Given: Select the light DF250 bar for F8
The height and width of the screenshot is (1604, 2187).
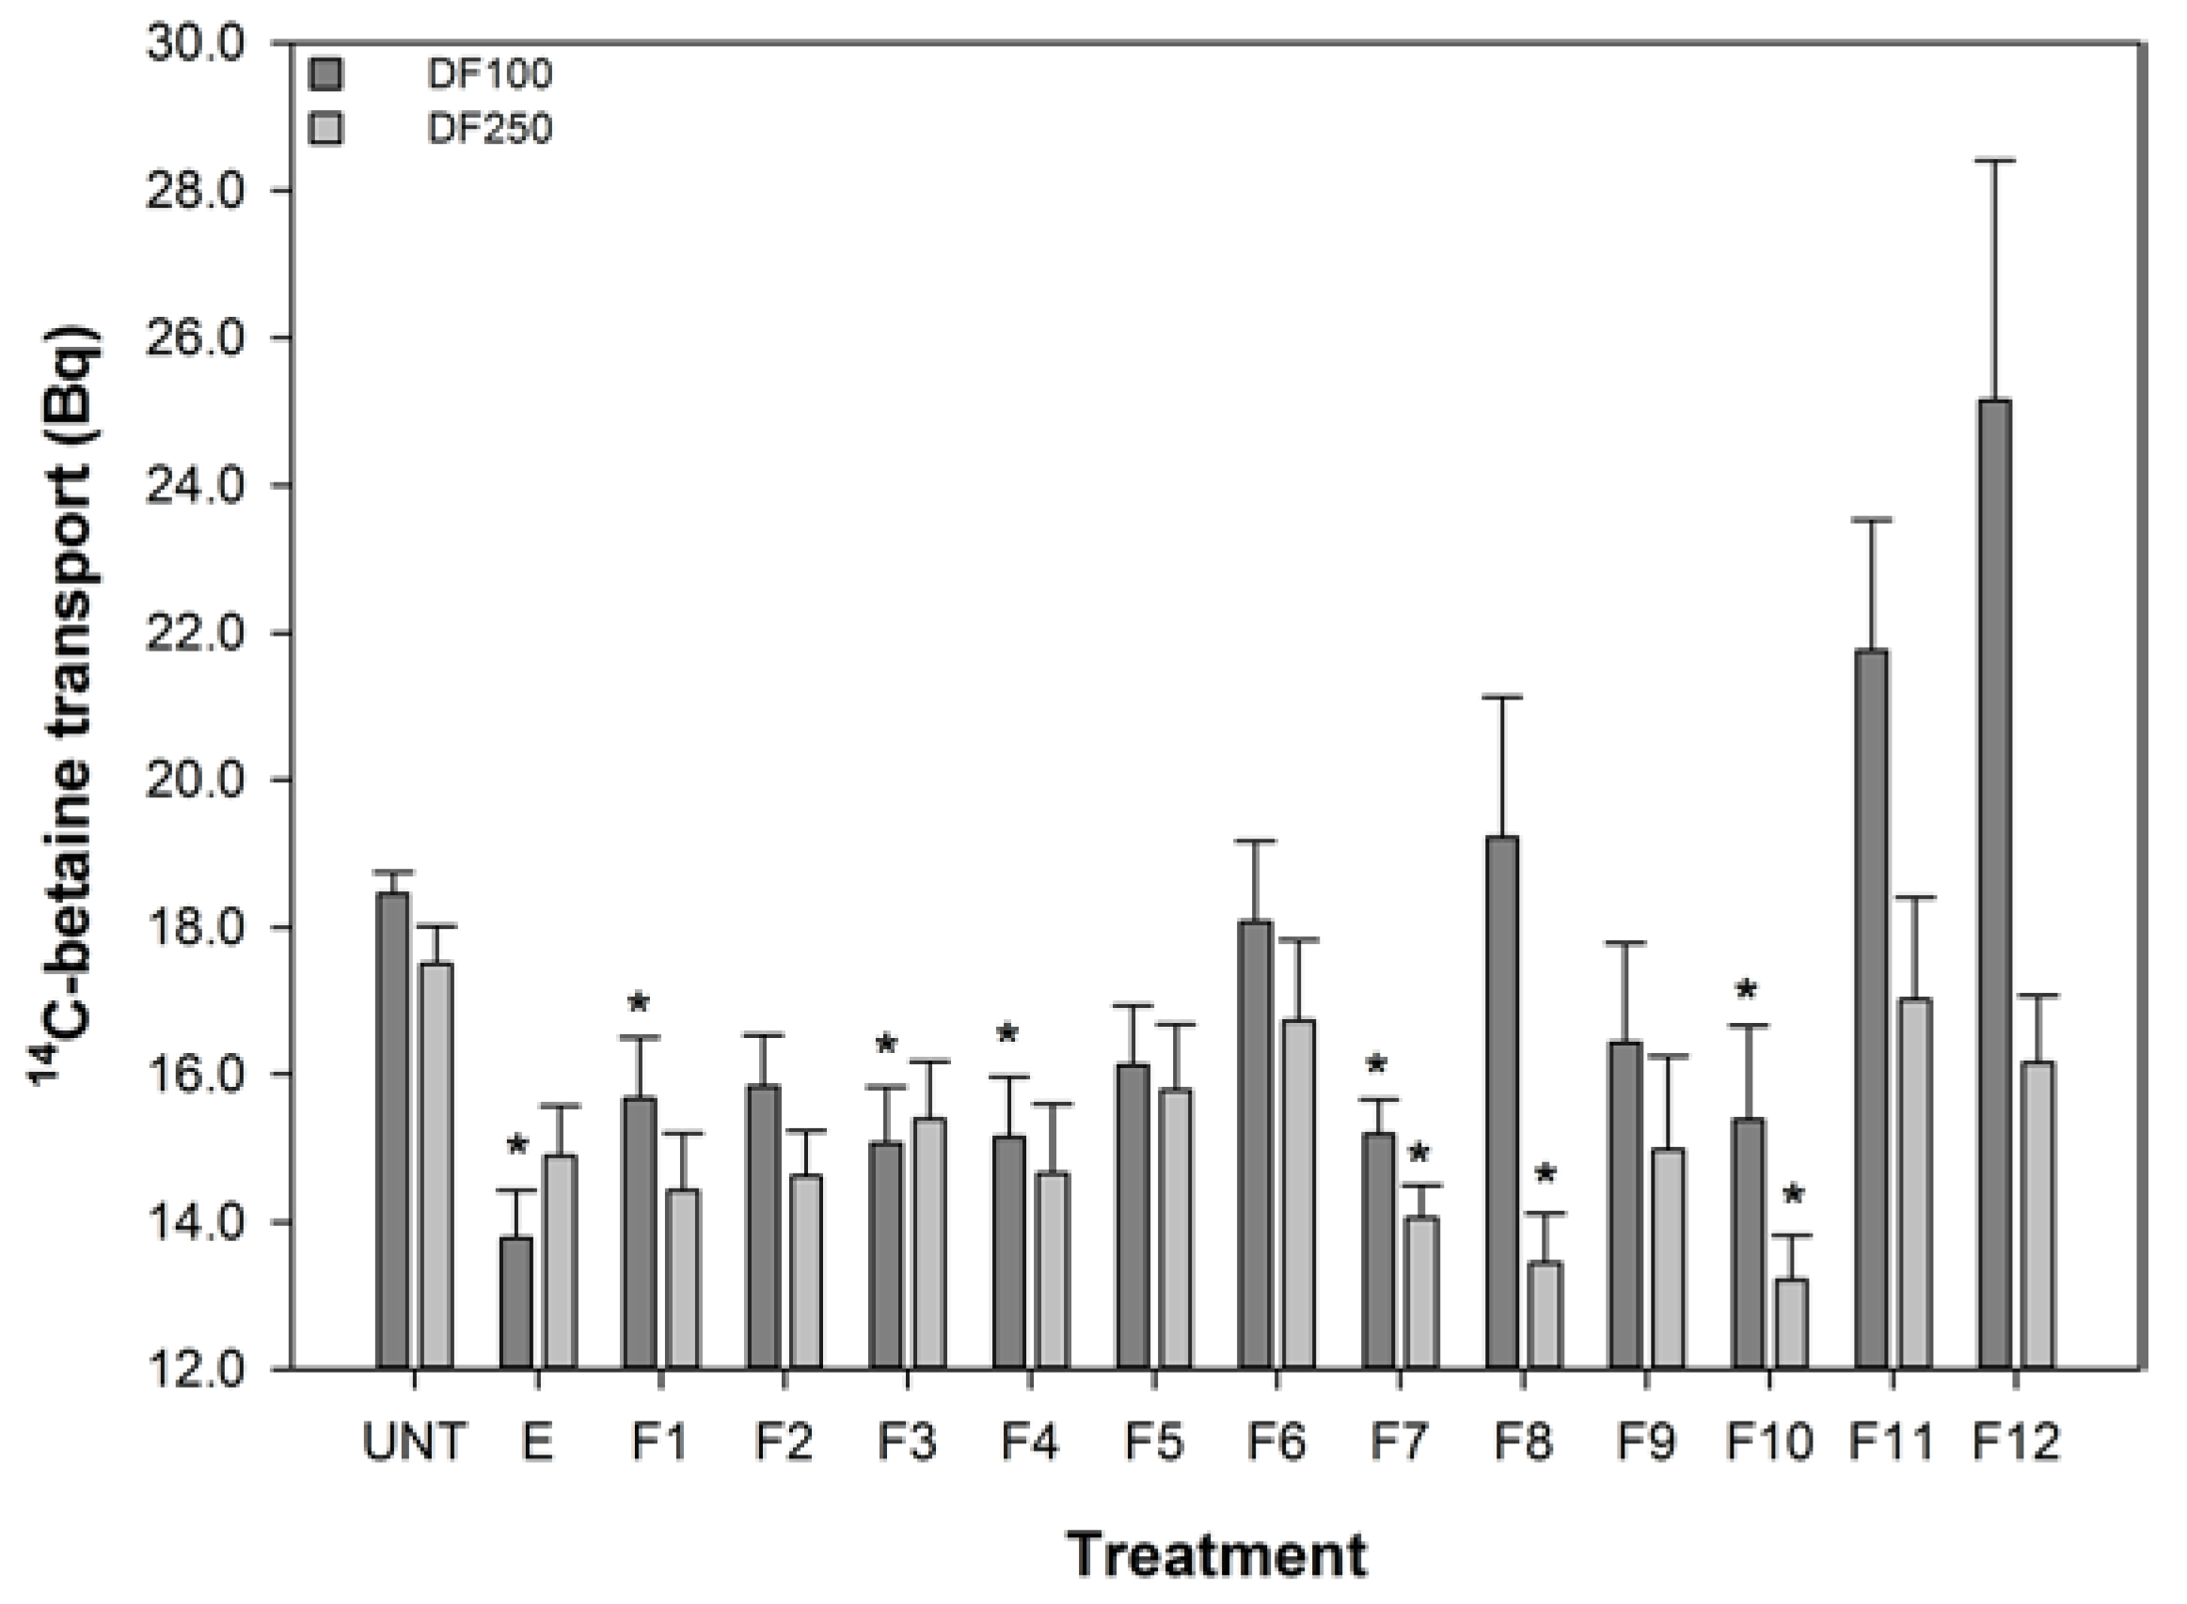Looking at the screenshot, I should click(1545, 1314).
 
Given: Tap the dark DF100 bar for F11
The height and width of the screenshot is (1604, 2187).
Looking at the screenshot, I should click(1871, 1010).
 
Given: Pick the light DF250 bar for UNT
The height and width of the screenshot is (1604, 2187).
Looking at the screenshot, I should click(436, 1165).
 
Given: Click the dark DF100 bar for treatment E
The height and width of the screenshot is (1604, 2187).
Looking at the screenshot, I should click(515, 1302).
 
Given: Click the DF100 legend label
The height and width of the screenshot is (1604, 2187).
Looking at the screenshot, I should click(489, 73).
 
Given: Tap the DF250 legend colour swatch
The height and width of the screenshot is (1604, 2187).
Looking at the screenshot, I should click(326, 128).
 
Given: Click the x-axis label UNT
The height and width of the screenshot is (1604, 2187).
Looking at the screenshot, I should click(415, 1443).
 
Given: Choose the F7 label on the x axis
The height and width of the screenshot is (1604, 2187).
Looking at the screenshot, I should click(1399, 1443).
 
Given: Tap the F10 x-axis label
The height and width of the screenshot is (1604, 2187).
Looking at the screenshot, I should click(1768, 1443).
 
